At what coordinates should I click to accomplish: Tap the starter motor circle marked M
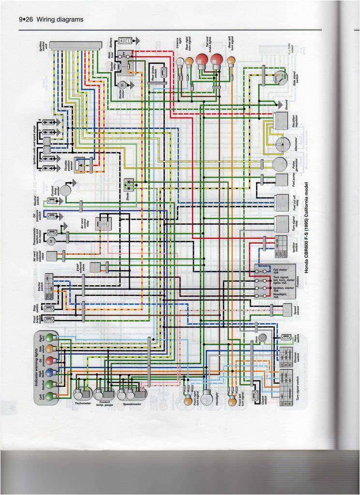pos(122,85)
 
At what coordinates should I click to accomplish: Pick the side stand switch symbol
pos(278,77)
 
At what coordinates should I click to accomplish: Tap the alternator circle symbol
pos(280,144)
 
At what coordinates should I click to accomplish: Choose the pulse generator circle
pos(280,164)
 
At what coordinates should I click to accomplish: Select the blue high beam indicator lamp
pos(49,372)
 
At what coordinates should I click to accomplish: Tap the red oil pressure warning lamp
pos(49,360)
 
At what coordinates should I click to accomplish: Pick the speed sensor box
pos(287,309)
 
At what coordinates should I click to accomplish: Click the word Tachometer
pos(83,402)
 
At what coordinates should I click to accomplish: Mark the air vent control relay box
pos(103,223)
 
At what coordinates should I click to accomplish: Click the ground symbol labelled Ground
pos(279,103)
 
